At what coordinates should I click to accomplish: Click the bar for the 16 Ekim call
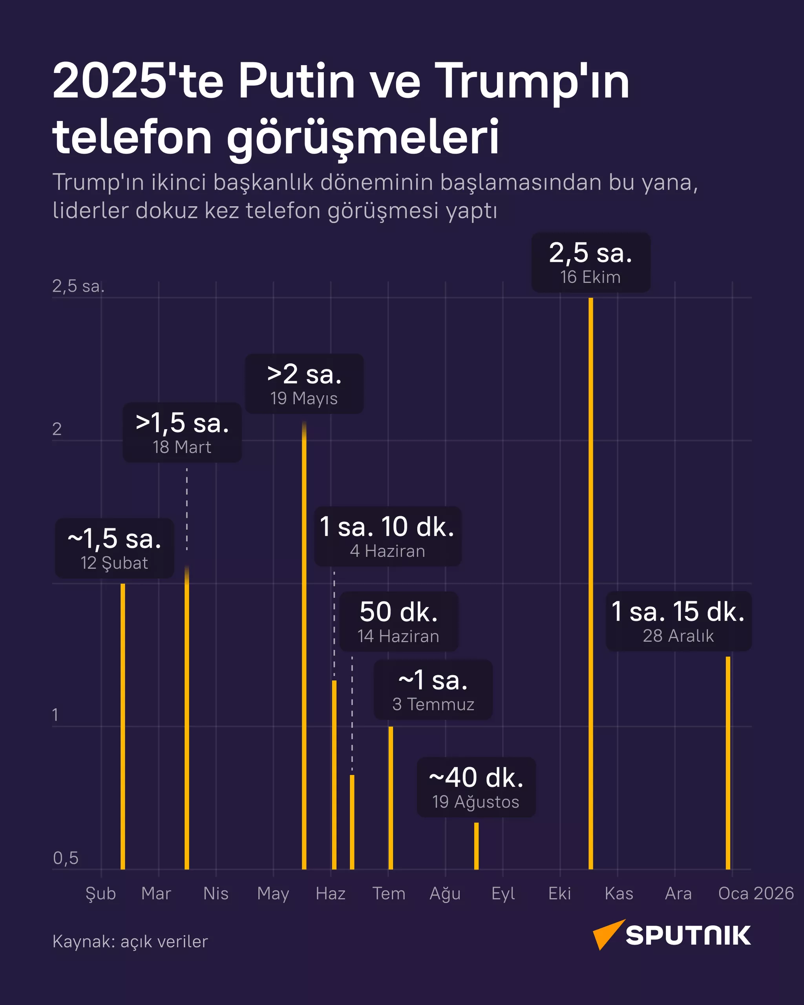pos(590,583)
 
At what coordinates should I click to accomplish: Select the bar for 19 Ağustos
pos(476,846)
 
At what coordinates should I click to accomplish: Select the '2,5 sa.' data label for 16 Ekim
pos(590,262)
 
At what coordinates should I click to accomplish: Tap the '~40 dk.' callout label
pos(476,787)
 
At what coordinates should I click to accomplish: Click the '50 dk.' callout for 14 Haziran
pos(398,621)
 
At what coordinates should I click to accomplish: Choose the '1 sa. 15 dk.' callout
pos(678,621)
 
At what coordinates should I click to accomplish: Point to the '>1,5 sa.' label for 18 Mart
pos(182,432)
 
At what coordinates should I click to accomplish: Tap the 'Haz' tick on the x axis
pos(331,894)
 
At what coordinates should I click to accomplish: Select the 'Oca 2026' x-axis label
pos(756,894)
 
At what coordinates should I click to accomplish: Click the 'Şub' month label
pos(100,894)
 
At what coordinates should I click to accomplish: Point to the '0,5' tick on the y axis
pos(66,858)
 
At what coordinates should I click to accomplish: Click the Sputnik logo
pos(672,935)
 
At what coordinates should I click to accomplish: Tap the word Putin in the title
pos(297,82)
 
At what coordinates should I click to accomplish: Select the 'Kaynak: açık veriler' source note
pos(130,941)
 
